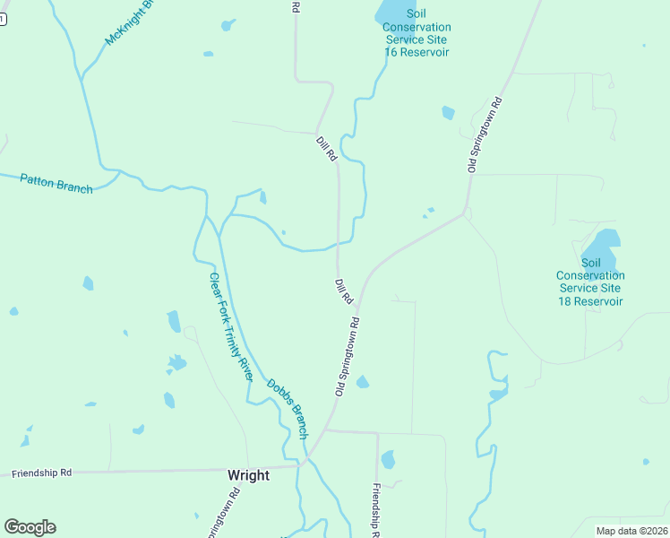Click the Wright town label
pos(248,475)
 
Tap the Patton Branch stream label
pos(56,183)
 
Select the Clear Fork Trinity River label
pos(229,326)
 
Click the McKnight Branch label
pos(131,22)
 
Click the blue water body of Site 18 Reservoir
pos(601,244)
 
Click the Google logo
pos(30,527)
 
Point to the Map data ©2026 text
pos(631,531)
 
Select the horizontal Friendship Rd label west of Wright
pos(41,472)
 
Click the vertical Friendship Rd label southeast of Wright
pos(377,510)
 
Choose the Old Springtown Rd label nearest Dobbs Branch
pos(348,357)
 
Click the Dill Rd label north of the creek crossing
pos(326,148)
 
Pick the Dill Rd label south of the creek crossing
pos(345,291)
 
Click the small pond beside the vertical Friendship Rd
pos(388,460)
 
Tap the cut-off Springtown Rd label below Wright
pos(222,516)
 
